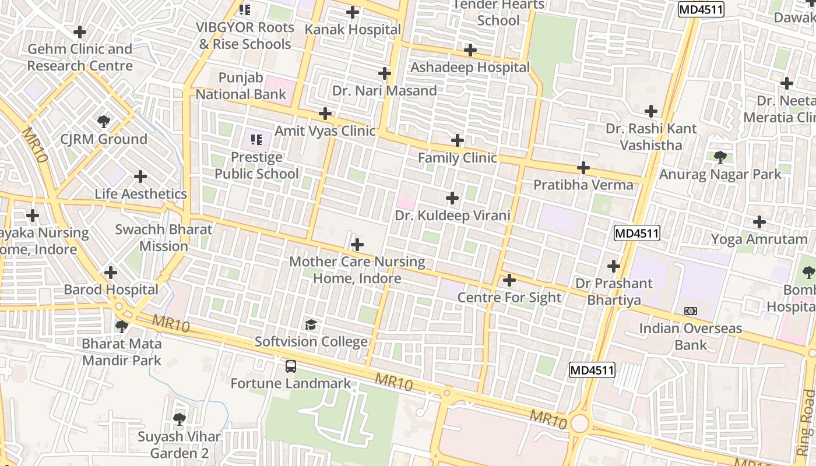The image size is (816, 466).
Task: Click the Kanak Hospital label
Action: click(353, 30)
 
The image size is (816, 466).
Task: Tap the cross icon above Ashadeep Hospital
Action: click(470, 50)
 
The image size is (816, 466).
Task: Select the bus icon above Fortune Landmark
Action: click(290, 366)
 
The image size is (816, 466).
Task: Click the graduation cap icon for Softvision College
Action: click(311, 324)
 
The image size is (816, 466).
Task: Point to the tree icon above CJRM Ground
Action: click(104, 122)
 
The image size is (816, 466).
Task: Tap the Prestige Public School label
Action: click(256, 165)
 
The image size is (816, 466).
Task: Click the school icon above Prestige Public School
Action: click(256, 140)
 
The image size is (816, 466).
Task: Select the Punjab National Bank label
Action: click(241, 86)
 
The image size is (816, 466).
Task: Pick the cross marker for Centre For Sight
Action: click(509, 280)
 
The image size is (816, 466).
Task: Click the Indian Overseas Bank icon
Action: click(691, 311)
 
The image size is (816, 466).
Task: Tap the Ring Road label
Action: click(807, 422)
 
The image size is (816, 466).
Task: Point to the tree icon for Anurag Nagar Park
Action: click(720, 157)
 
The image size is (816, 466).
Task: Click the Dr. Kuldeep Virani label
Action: click(452, 216)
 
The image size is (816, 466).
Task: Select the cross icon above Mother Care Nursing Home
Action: click(357, 245)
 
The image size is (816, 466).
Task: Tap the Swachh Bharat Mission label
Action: click(164, 238)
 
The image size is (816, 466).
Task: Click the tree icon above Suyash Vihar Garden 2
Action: click(180, 419)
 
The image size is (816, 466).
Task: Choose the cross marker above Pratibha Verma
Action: click(583, 168)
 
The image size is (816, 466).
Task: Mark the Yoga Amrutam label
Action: click(759, 239)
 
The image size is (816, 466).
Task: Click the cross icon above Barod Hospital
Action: click(111, 273)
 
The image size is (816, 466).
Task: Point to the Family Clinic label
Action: click(458, 158)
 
